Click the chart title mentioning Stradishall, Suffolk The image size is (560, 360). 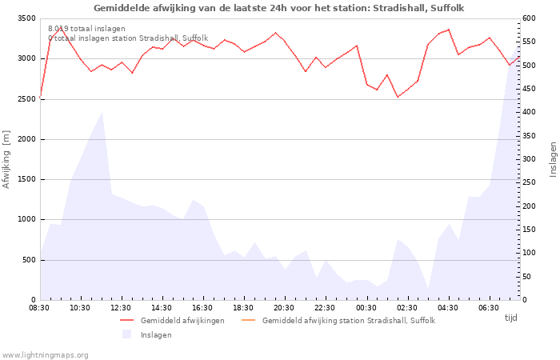pyautogui.click(x=278, y=8)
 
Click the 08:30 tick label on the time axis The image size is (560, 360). pyautogui.click(x=39, y=308)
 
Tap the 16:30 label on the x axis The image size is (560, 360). pyautogui.click(x=202, y=308)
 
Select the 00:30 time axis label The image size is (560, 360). pyautogui.click(x=366, y=308)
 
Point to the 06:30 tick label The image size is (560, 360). pyautogui.click(x=489, y=308)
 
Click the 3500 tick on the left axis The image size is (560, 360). pyautogui.click(x=26, y=18)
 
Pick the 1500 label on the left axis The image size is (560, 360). pyautogui.click(x=26, y=180)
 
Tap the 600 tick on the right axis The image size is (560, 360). pyautogui.click(x=529, y=18)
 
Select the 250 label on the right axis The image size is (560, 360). pyautogui.click(x=529, y=182)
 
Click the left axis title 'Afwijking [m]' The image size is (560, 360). pyautogui.click(x=6, y=159)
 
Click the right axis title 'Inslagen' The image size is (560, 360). pyautogui.click(x=553, y=159)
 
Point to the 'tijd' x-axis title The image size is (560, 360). pyautogui.click(x=510, y=318)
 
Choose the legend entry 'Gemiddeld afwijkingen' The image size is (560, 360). pyautogui.click(x=182, y=321)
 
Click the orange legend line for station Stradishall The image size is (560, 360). pyautogui.click(x=249, y=320)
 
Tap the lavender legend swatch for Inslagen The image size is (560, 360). pyautogui.click(x=126, y=334)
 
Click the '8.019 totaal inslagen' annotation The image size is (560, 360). pyautogui.click(x=86, y=29)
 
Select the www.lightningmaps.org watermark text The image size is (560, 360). pyautogui.click(x=44, y=355)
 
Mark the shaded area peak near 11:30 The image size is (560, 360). pyautogui.click(x=102, y=112)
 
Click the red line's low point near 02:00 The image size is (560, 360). pyautogui.click(x=398, y=97)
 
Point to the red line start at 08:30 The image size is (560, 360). pyautogui.click(x=40, y=98)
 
